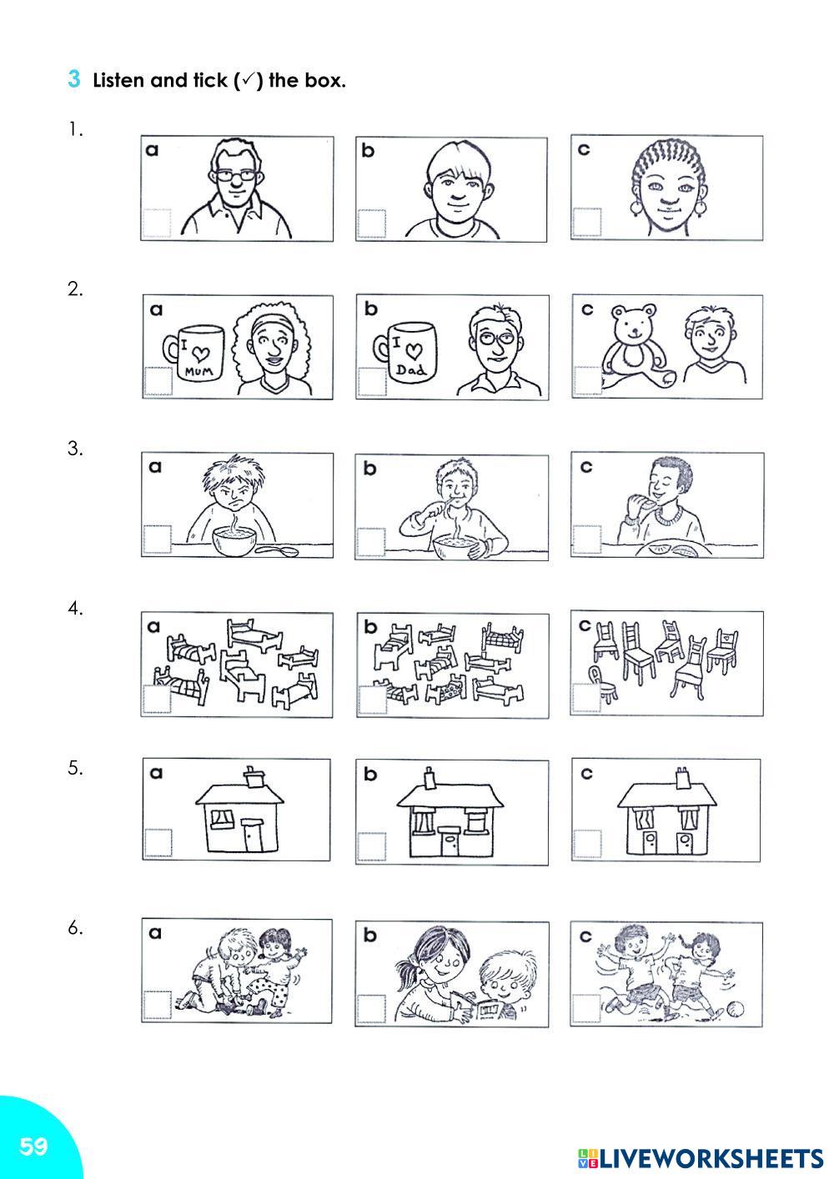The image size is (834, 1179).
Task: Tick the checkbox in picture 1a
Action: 157,223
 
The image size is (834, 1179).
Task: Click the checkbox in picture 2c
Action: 588,380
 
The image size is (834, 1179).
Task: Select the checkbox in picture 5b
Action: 372,847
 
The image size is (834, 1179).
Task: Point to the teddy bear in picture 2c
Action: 637,344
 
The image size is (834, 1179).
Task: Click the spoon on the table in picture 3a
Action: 277,551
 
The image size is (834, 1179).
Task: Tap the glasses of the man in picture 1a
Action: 235,176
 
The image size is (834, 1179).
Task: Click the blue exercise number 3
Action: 73,79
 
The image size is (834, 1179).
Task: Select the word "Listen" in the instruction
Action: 119,80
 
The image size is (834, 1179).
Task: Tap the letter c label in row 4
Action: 585,625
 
